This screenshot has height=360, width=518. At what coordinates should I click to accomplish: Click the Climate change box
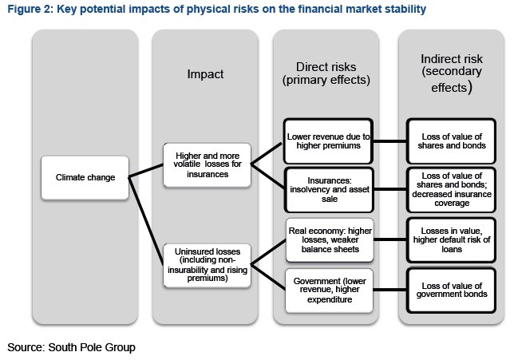point(85,178)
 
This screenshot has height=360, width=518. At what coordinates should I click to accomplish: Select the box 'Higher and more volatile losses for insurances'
point(208,165)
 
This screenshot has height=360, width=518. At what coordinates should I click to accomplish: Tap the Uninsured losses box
point(208,265)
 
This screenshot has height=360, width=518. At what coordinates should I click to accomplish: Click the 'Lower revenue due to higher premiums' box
point(328,141)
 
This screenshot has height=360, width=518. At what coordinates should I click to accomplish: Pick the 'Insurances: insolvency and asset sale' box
point(329,190)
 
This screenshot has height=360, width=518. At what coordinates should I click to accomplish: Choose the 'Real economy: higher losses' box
point(330,240)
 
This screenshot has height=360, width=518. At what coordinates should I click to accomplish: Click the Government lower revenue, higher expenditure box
point(330,291)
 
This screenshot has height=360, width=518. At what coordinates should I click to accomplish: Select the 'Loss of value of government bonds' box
point(451,291)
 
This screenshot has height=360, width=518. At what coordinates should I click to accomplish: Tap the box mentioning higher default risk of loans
point(451,240)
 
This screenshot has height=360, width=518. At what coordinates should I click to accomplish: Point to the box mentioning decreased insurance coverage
point(451,190)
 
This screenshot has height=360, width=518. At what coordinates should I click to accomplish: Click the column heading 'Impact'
point(205,74)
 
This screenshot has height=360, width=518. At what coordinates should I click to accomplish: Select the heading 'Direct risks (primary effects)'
point(326,73)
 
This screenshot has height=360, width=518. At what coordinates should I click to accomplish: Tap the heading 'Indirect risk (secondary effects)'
point(452,73)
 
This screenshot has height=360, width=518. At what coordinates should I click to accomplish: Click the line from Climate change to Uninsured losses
point(146,220)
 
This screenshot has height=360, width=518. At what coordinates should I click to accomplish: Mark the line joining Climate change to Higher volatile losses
point(146,171)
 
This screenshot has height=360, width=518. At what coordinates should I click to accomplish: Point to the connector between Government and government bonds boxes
point(389,290)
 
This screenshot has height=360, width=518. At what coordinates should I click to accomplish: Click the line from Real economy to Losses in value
point(389,239)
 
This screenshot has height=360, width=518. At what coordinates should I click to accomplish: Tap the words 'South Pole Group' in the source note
point(92,347)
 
